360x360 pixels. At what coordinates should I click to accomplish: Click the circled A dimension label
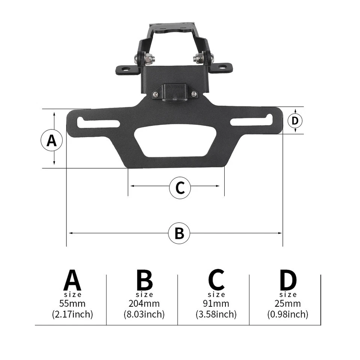point(51,140)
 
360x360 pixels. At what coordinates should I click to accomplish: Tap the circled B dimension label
point(180,233)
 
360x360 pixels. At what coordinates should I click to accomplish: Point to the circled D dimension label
point(295,121)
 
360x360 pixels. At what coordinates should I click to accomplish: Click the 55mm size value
point(72,303)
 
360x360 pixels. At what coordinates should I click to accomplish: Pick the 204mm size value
point(144,303)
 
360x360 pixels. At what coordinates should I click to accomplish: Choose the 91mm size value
point(216,303)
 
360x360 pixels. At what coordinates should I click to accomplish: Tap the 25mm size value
point(288,303)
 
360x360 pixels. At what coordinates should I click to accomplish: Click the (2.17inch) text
point(72,314)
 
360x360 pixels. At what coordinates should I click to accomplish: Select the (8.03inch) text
point(144,314)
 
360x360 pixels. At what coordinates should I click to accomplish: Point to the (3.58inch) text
point(216,314)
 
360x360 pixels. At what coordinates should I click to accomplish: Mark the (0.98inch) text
point(288,314)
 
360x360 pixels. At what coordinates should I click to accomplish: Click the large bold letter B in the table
point(144,280)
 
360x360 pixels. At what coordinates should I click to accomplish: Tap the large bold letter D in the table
point(288,280)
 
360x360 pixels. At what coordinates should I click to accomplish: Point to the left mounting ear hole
point(125,69)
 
